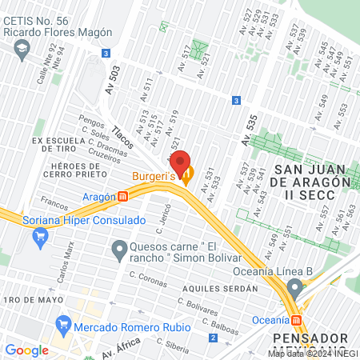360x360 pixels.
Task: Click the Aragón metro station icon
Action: click(122, 196)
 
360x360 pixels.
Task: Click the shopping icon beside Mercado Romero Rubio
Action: click(62, 326)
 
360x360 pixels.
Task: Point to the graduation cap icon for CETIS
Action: click(20, 50)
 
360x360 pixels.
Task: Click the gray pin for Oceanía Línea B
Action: click(295, 287)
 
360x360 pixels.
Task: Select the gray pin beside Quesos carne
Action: click(119, 252)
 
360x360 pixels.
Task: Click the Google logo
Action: click(26, 350)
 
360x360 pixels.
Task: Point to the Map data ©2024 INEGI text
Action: click(312, 353)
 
